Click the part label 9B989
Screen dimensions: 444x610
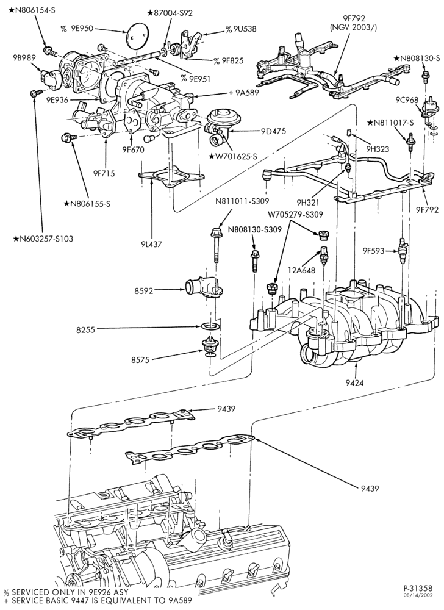[24, 57]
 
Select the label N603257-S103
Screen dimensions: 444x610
[43, 239]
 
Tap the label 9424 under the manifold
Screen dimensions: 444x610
[354, 382]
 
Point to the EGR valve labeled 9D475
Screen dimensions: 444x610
[218, 124]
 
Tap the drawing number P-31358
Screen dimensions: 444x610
[417, 588]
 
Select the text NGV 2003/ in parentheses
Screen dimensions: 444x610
[353, 27]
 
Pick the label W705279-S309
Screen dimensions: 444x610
[295, 214]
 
